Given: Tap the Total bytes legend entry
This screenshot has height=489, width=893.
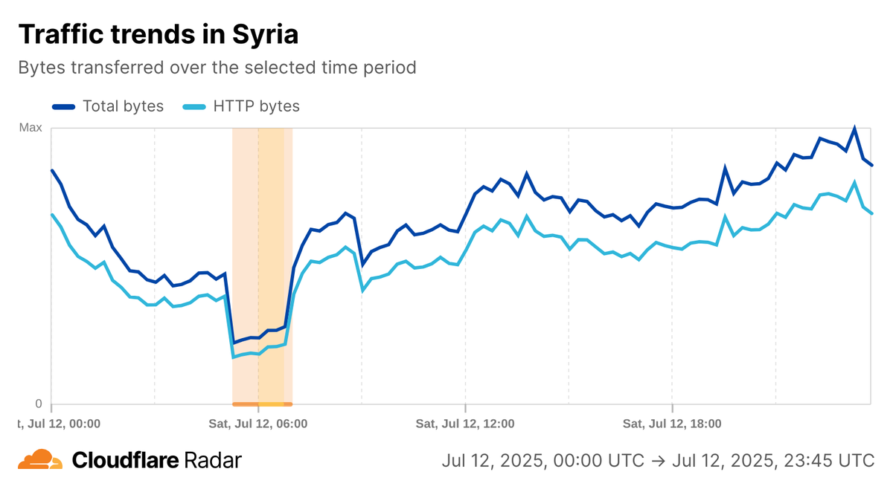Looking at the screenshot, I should (x=123, y=106).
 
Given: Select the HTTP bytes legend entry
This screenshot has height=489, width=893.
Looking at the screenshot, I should (x=256, y=106).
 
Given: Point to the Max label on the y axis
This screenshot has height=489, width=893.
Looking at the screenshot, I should (x=31, y=128).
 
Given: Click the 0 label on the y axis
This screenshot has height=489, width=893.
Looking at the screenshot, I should (x=38, y=404).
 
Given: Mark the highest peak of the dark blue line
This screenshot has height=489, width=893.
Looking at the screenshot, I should (x=854, y=129).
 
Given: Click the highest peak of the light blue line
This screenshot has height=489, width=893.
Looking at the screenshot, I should (x=854, y=182).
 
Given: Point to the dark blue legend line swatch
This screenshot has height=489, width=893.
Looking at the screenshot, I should (x=64, y=106).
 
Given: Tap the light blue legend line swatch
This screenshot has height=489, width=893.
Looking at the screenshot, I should (x=194, y=106).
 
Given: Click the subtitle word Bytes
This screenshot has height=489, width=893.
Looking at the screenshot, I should (x=42, y=68).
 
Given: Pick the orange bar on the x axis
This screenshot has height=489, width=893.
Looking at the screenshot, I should (x=262, y=404).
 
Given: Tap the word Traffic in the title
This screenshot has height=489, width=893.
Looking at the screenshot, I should (x=65, y=34).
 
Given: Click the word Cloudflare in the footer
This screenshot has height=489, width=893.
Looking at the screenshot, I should (x=125, y=460).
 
